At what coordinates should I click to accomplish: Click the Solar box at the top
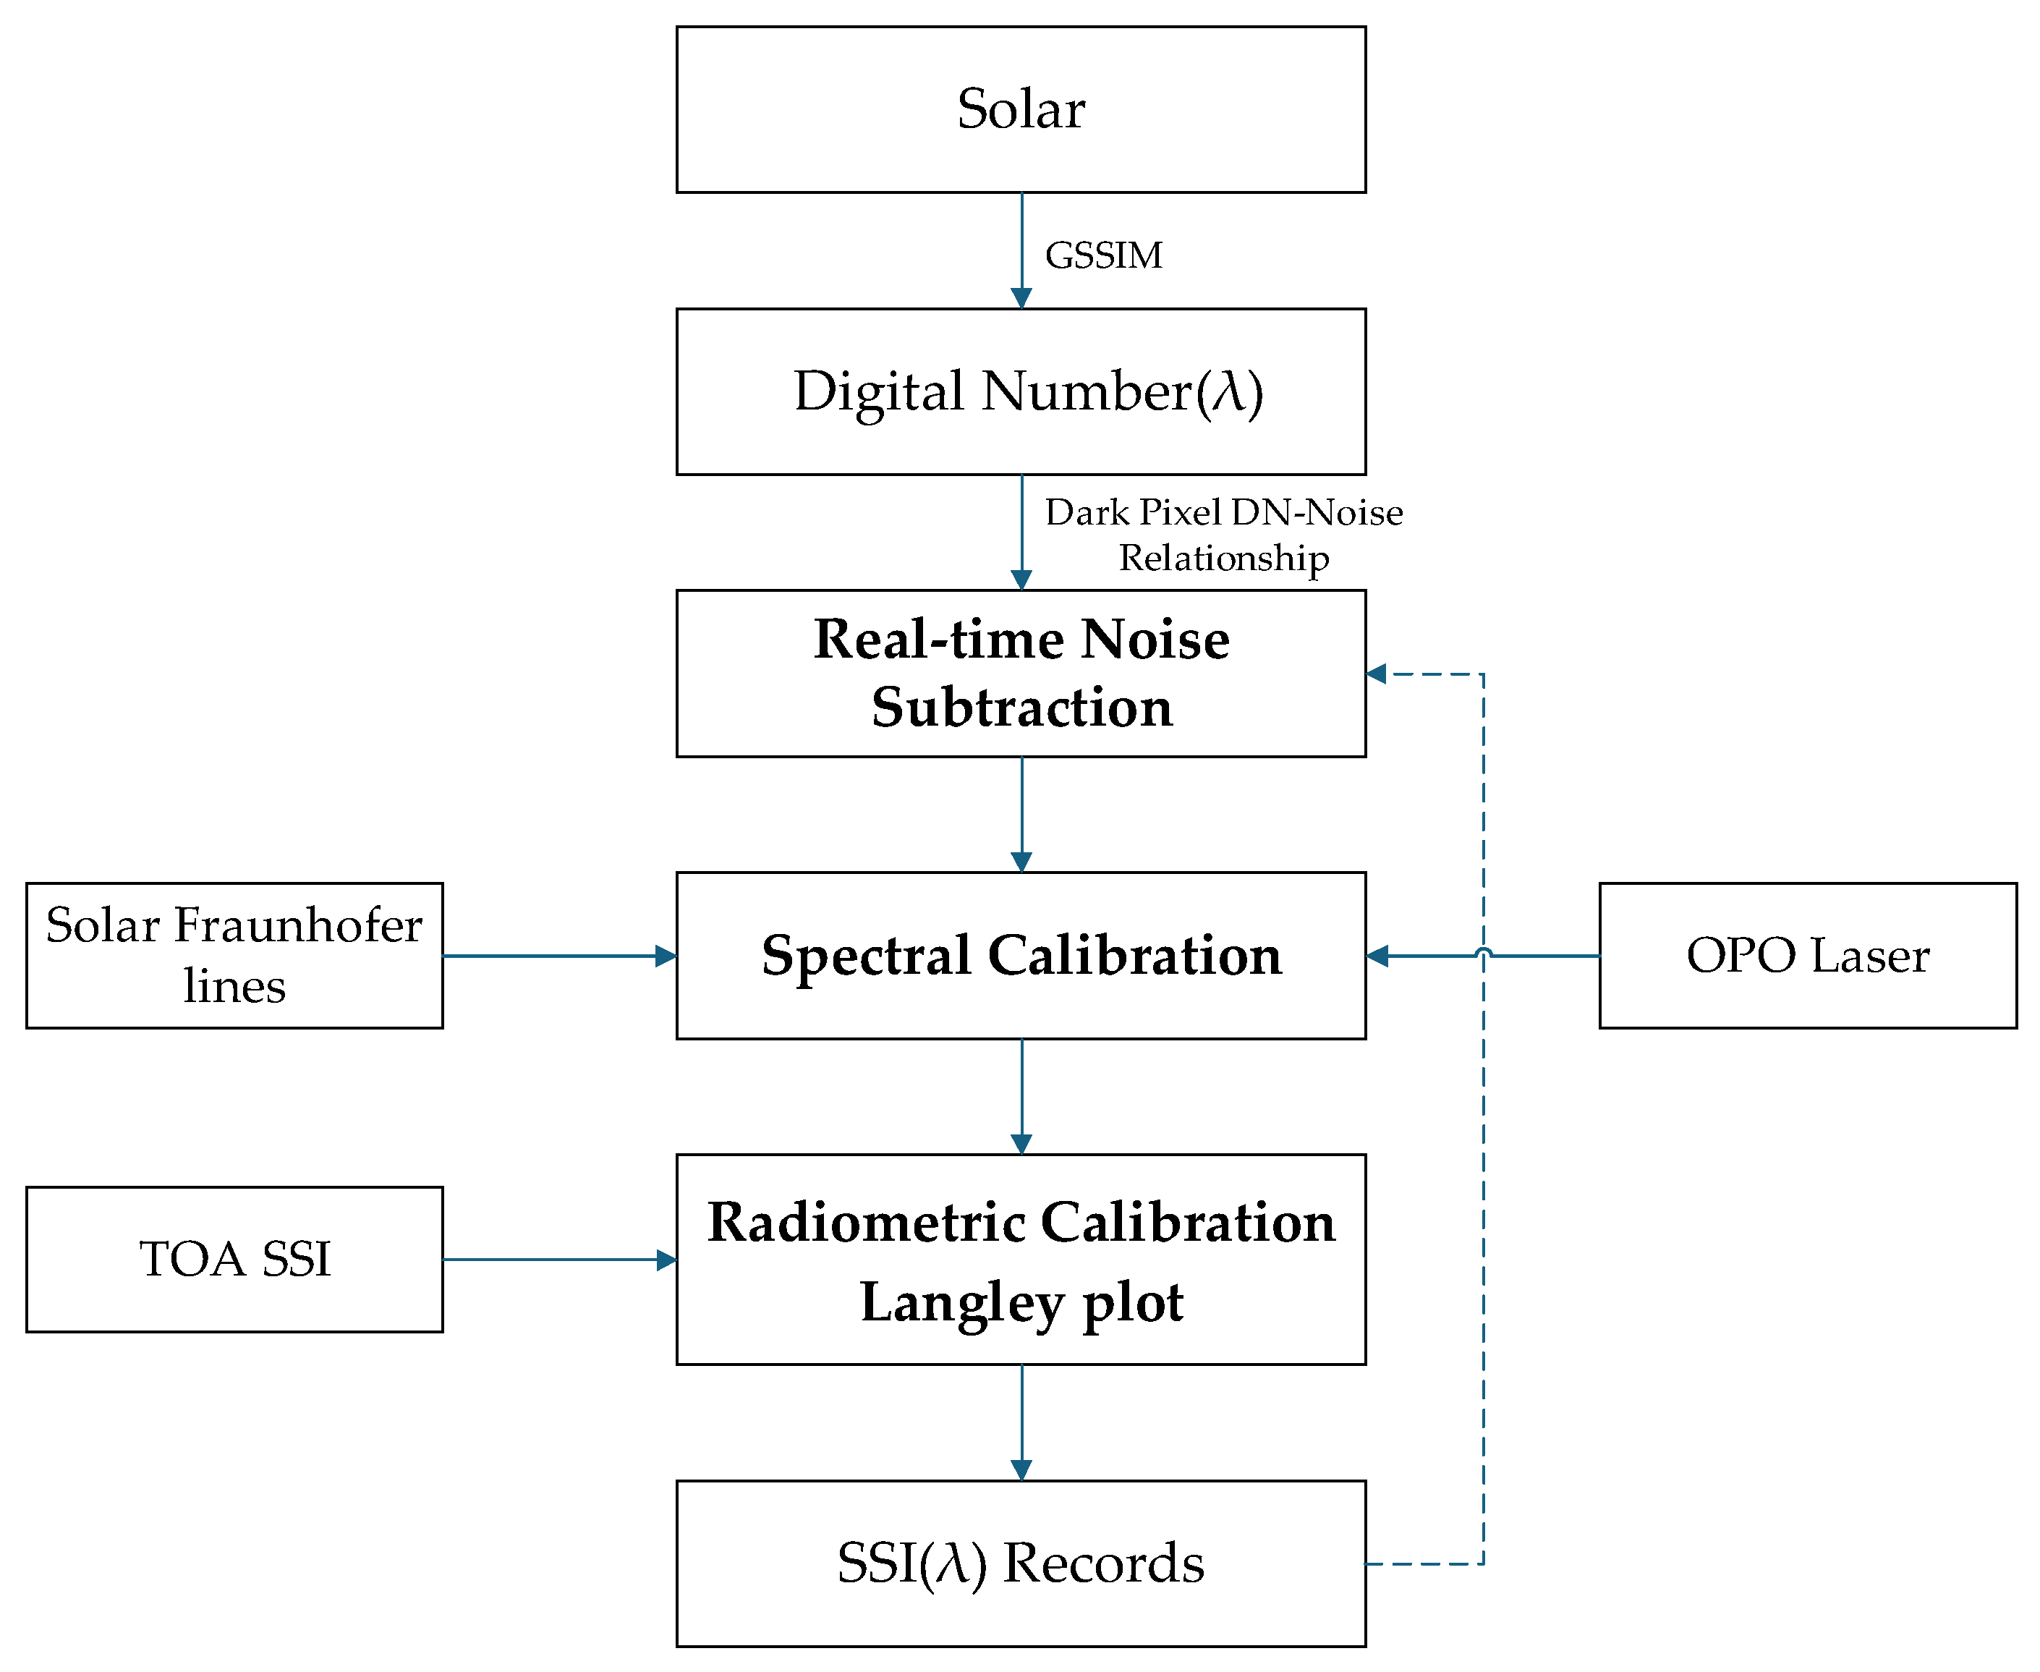coord(1021,109)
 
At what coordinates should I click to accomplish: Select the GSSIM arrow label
coord(1104,256)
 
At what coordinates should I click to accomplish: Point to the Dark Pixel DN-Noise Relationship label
coord(1223,535)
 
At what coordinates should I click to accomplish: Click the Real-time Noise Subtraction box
coord(1021,674)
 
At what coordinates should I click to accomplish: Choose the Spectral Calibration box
coord(1021,956)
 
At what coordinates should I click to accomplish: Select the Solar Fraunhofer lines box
coord(234,956)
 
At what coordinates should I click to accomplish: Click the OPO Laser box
coord(1808,956)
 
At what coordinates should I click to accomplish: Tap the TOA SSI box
coord(234,1259)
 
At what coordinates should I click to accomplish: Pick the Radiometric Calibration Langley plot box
coord(1021,1259)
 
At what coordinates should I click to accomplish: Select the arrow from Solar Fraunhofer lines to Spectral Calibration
coord(558,956)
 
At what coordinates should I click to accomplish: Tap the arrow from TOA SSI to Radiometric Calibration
coord(558,1259)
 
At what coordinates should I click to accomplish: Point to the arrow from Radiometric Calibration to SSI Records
coord(1022,1421)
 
